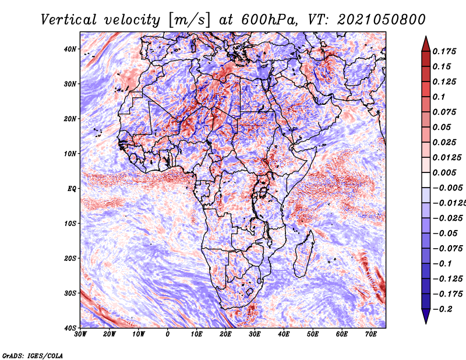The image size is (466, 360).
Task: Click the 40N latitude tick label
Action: tap(70, 49)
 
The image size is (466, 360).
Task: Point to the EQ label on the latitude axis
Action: tap(72, 189)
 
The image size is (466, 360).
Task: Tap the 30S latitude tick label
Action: tap(70, 293)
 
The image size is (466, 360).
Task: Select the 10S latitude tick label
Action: tap(70, 223)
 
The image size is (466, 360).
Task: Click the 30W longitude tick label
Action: tap(80, 334)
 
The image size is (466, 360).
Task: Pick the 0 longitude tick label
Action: tap(168, 334)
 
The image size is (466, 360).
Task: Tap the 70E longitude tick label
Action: tap(370, 334)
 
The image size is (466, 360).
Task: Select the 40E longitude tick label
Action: tap(284, 334)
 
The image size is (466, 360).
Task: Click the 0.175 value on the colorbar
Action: tap(444, 51)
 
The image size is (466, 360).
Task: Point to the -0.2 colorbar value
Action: tap(442, 309)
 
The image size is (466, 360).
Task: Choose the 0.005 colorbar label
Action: tap(444, 172)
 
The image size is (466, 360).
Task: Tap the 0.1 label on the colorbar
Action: tap(439, 97)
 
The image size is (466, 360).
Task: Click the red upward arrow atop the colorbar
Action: tap(426, 44)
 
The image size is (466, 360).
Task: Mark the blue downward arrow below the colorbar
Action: tap(426, 316)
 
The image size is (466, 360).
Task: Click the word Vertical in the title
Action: tap(69, 20)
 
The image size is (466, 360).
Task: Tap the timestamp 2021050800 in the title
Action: tap(382, 20)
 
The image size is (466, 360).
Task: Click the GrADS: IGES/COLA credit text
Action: tap(33, 355)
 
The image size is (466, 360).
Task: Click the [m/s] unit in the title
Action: tap(189, 20)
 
